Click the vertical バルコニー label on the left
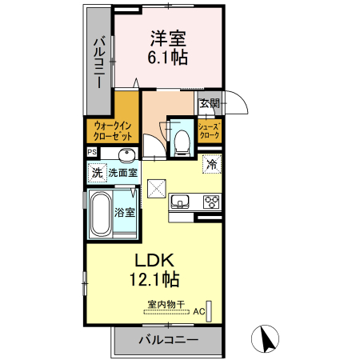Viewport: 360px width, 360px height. [98, 62]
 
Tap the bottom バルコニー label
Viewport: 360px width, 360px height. [168, 340]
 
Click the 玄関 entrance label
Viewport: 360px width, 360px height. [209, 103]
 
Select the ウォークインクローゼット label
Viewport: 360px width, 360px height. [112, 130]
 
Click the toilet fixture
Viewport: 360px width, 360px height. [182, 141]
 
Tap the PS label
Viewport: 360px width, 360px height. [91, 152]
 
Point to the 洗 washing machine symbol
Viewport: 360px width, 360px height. [97, 171]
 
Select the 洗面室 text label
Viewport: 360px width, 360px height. [123, 171]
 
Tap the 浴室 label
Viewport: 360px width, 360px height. [124, 212]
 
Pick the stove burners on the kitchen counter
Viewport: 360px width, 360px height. [212, 202]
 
